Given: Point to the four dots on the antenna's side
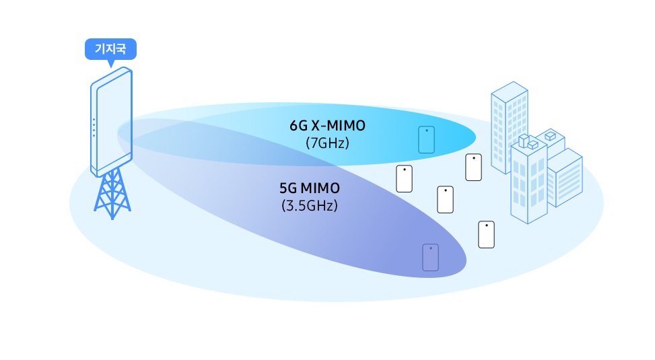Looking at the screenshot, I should [94, 129].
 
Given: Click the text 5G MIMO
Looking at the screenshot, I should [309, 188].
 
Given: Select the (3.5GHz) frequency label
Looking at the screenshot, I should [309, 205].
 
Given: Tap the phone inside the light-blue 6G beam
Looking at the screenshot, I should [426, 140].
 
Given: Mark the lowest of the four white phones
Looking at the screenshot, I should [487, 234].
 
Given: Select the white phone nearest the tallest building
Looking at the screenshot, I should [474, 167].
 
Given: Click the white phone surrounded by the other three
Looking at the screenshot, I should [446, 199].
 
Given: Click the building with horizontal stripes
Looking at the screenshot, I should [564, 178].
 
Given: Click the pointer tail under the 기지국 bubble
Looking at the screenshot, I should [110, 63].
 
